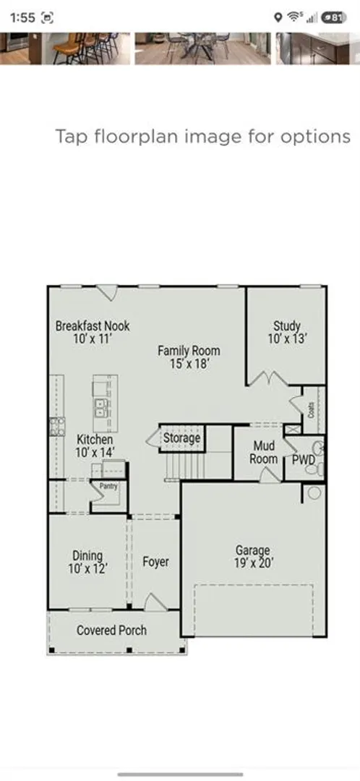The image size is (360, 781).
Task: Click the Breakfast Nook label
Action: [93, 332]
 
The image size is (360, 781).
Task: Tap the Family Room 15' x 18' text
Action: [189, 357]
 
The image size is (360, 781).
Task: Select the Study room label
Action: [287, 332]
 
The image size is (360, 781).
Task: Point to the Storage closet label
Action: [181, 438]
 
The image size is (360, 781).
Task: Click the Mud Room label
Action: [263, 452]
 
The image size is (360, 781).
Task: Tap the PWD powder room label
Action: [304, 458]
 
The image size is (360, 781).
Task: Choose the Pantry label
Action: [108, 486]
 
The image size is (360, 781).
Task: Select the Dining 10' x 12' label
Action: [87, 562]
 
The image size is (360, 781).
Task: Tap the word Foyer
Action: [155, 562]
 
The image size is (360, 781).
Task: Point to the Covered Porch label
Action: [111, 630]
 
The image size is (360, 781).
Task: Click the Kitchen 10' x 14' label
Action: [95, 445]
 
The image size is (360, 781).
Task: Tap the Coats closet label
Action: [311, 411]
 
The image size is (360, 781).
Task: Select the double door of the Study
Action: [268, 378]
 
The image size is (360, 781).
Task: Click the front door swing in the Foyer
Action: [156, 602]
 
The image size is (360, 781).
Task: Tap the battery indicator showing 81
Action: [334, 17]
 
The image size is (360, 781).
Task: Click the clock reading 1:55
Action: [22, 18]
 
